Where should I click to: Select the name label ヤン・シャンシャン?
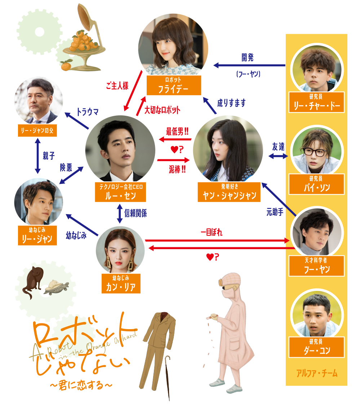pos(228,192)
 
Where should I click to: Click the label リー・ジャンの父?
pos(37,130)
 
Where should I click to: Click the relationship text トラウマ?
pos(88,111)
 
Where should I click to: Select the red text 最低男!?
pos(177,131)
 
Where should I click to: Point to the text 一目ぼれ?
pos(212,233)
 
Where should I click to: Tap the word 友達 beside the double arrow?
pos(278,146)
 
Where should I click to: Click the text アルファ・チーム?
pos(317,374)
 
